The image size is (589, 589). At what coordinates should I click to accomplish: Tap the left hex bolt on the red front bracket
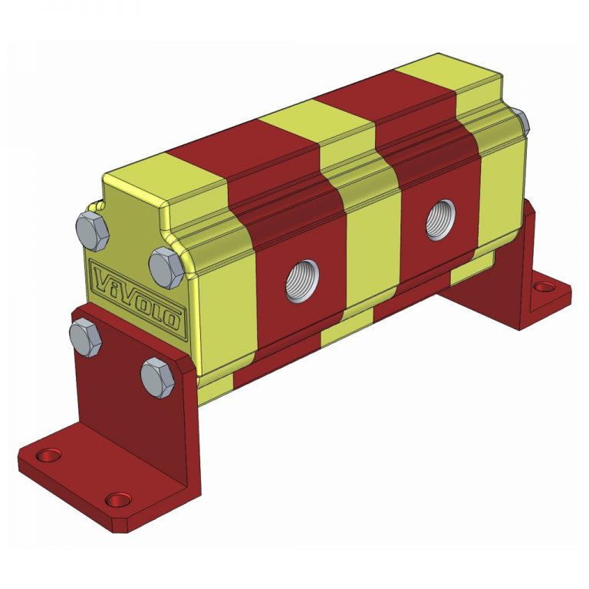[x=84, y=337]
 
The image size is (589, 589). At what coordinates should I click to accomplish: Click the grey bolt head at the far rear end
[x=522, y=120]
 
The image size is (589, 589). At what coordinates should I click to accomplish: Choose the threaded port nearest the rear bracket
[x=441, y=218]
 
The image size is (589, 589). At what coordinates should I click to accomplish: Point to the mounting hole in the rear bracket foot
[x=543, y=287]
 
